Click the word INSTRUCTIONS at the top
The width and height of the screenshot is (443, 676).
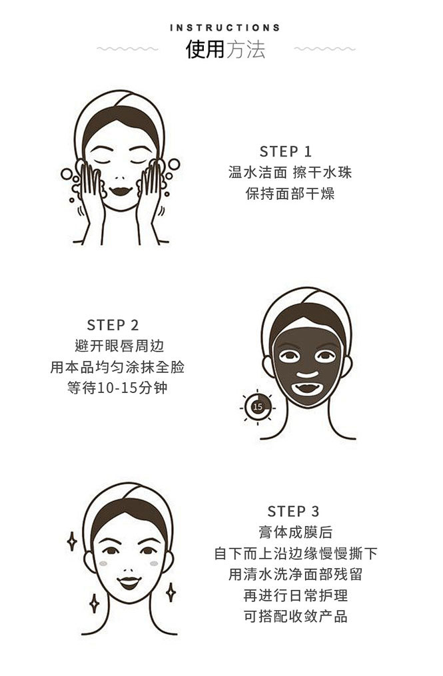(x=225, y=28)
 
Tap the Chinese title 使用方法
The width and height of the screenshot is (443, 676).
(x=225, y=49)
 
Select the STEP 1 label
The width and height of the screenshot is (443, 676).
(x=286, y=151)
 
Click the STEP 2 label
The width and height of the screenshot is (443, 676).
(x=113, y=324)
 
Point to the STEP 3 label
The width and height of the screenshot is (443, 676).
(x=293, y=511)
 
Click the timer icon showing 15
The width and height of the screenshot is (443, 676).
(x=258, y=406)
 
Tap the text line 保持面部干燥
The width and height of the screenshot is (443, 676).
(x=290, y=194)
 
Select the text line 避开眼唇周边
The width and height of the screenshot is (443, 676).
(x=119, y=346)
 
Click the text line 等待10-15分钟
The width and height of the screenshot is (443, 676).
(x=117, y=388)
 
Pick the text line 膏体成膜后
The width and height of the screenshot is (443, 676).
(x=296, y=532)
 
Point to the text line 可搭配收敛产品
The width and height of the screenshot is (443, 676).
(x=296, y=616)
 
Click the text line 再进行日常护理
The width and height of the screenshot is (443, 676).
(x=296, y=595)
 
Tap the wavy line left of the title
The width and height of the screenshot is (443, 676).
(x=128, y=49)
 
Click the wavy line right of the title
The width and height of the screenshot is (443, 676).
(x=325, y=49)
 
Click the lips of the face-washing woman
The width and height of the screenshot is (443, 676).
(x=121, y=190)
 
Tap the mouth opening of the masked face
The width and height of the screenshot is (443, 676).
(x=307, y=389)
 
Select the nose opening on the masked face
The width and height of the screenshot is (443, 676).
(x=307, y=374)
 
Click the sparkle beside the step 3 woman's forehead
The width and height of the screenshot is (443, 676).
(x=72, y=541)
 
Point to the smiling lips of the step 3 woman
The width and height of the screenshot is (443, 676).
(x=129, y=583)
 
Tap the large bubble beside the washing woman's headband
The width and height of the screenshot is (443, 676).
(x=174, y=165)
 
